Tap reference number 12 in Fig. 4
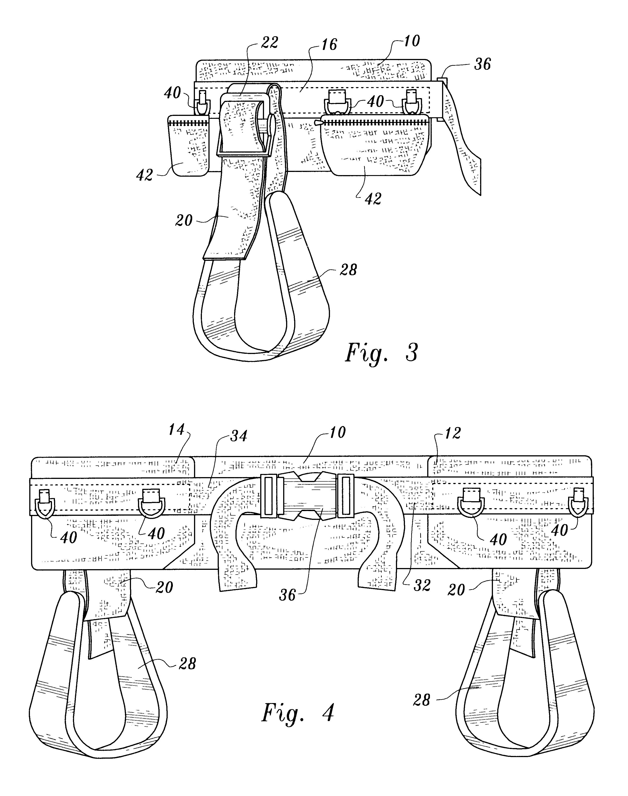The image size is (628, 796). point(452,433)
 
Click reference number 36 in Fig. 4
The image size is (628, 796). point(287,595)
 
